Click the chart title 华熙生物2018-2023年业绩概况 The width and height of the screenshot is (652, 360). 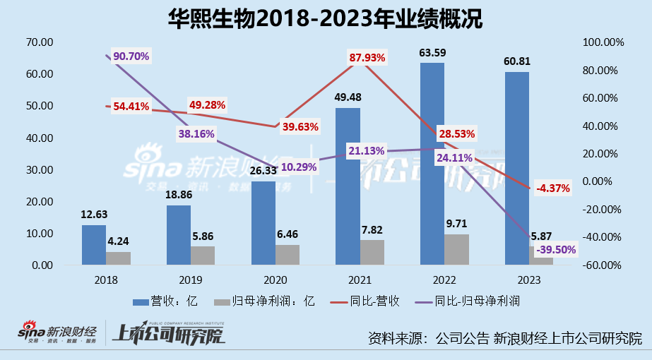(x=326, y=19)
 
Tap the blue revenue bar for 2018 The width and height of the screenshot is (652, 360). (x=93, y=244)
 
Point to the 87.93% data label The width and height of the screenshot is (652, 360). (x=367, y=58)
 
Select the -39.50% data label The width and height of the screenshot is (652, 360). (x=556, y=249)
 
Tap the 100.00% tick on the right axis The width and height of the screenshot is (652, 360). (x=603, y=42)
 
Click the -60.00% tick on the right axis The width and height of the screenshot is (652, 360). (x=603, y=265)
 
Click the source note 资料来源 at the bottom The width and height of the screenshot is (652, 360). (x=505, y=337)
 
